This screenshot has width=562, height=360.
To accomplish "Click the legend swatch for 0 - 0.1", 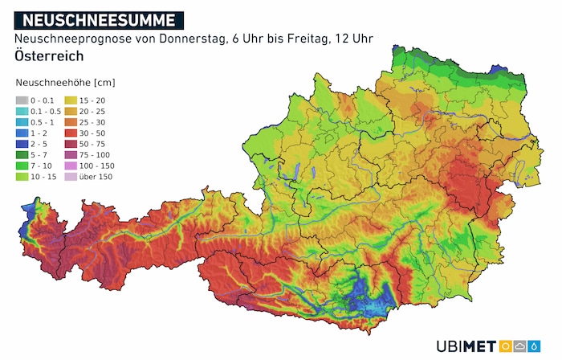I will click(x=22, y=99).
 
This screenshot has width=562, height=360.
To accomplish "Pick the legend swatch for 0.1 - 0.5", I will click(x=22, y=110).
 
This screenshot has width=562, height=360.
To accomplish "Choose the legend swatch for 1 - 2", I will click(x=22, y=132).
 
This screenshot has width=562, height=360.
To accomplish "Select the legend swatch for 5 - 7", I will click(x=22, y=153).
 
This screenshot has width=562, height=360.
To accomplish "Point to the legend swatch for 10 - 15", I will click(x=22, y=175).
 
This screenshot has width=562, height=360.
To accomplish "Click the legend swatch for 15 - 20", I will click(x=70, y=99).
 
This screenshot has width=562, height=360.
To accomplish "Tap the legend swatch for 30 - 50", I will click(x=70, y=132).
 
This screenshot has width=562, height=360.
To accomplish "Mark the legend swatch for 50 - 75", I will click(x=70, y=143).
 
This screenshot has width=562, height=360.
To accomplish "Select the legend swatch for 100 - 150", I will click(x=70, y=165).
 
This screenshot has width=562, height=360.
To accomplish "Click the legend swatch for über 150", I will click(x=70, y=175).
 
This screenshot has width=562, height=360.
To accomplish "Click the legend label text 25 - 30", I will click(x=92, y=121).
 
